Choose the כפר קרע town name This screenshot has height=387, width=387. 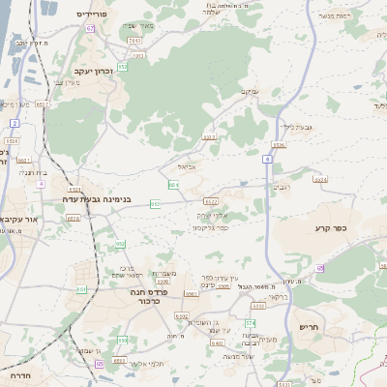(x=330, y=227)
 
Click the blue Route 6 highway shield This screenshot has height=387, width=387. (x=265, y=157)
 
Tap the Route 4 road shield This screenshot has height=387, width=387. (x=40, y=183)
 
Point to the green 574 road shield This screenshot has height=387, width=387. (x=249, y=322)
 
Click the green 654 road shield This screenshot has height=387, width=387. (x=173, y=184)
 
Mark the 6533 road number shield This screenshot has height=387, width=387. (x=279, y=144)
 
